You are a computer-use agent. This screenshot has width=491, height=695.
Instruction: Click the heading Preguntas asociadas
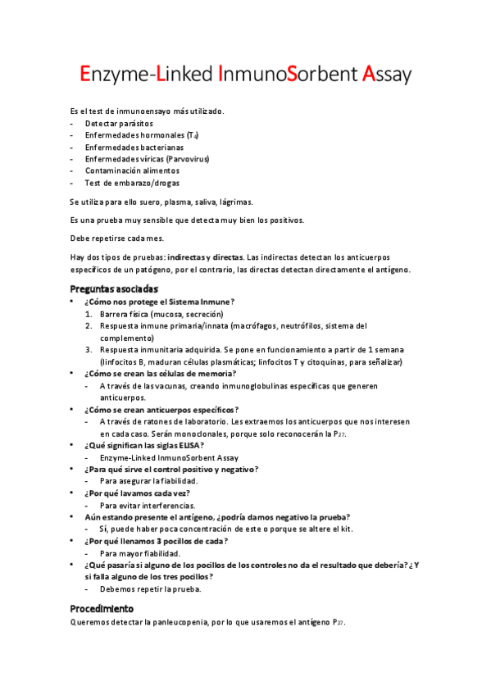point(114,288)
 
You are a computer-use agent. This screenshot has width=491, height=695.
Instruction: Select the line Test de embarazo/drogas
point(132,183)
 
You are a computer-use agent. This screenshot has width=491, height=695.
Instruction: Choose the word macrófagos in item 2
point(252,325)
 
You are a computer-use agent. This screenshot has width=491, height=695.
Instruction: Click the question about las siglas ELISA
point(144,445)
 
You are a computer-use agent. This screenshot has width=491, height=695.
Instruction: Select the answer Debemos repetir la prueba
point(150,588)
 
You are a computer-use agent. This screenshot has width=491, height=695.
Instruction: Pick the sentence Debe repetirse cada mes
point(117,238)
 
